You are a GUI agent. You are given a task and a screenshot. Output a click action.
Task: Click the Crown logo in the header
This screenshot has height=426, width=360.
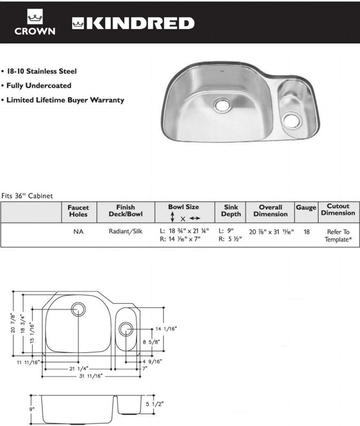[35, 23]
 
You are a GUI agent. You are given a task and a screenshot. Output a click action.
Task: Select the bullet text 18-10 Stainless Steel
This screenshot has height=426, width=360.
[40, 71]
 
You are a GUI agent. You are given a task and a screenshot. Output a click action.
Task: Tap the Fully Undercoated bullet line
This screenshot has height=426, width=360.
[37, 86]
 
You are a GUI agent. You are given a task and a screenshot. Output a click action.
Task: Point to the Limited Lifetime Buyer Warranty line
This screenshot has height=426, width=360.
[64, 100]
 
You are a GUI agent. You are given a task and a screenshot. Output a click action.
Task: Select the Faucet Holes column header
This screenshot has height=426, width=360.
[78, 211]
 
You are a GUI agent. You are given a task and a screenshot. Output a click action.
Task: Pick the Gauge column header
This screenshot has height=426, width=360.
[306, 207]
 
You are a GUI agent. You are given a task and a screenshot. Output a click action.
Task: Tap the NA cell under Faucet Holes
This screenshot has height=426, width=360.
[78, 232]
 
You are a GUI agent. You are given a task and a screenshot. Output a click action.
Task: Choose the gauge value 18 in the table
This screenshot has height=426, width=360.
[306, 232]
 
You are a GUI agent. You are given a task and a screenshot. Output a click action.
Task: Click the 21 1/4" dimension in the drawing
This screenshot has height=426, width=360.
[78, 368]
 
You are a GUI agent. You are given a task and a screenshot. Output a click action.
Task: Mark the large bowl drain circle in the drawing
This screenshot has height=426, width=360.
[78, 309]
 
